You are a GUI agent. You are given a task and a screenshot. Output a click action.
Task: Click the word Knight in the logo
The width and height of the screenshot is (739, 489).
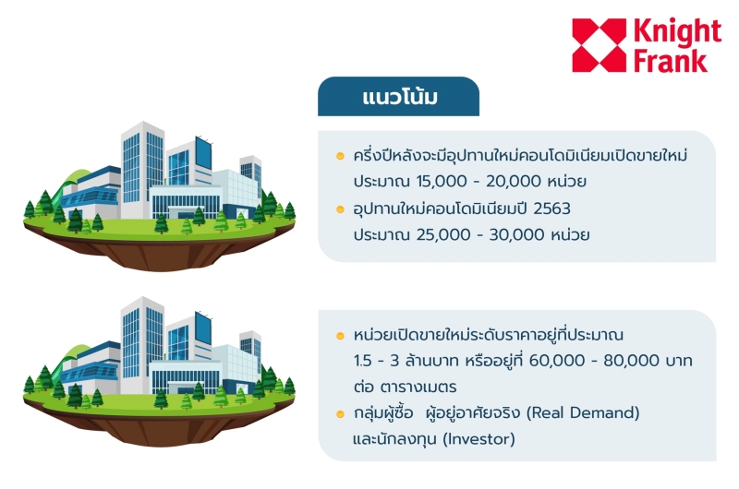point(677,32)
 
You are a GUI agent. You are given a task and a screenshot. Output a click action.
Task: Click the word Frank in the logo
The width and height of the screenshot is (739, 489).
point(671,62)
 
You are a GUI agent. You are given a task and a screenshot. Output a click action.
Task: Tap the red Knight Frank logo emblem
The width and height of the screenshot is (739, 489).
point(599,45)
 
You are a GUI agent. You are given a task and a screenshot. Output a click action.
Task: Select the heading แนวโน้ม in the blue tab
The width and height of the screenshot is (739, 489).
point(400,97)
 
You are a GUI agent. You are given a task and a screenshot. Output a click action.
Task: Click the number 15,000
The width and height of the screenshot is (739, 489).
point(442,181)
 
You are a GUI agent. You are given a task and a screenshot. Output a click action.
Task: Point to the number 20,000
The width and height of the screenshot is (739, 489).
point(514,181)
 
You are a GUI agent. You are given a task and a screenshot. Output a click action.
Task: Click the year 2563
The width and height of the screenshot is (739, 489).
point(551,209)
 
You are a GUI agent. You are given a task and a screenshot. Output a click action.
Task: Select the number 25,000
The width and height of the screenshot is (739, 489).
point(443,234)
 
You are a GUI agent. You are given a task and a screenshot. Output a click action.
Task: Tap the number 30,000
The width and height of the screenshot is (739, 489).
point(517,234)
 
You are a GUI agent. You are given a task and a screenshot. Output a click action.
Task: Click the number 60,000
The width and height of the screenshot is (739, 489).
point(557,361)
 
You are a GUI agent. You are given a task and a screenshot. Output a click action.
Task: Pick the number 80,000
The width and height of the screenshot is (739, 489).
point(632,361)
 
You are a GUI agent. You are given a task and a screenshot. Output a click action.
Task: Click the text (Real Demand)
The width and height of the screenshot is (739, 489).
point(583,412)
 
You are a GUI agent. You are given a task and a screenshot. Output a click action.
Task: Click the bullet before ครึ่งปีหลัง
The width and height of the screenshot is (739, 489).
point(340,156)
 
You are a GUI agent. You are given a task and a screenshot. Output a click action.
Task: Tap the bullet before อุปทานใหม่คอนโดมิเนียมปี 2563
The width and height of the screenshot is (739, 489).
point(340,209)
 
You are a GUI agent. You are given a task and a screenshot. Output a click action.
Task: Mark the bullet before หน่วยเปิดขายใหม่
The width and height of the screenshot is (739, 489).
point(340,336)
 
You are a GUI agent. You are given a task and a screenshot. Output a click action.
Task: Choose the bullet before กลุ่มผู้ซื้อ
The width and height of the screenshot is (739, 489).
point(340,414)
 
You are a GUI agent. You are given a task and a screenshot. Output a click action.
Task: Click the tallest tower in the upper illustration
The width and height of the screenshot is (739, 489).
point(142,170)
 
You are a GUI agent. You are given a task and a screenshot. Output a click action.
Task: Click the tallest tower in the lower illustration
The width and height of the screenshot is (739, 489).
point(142,345)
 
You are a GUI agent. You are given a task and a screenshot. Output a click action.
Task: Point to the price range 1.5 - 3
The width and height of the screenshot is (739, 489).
point(376,361)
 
